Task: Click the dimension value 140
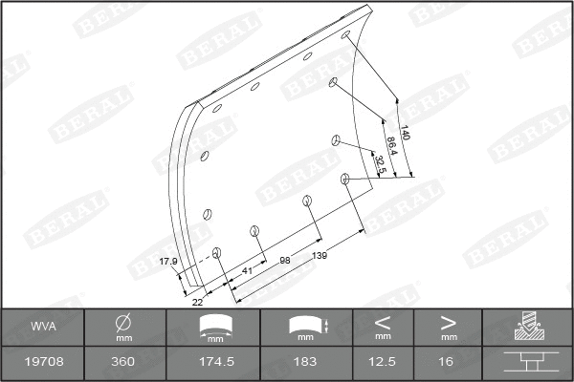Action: [405, 135]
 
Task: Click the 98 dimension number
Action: [284, 260]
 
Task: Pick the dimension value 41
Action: [247, 270]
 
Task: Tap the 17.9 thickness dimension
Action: [168, 261]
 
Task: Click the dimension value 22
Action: [197, 302]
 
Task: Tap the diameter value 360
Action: [122, 362]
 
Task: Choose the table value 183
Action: [305, 362]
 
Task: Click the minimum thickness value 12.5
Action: [382, 362]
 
